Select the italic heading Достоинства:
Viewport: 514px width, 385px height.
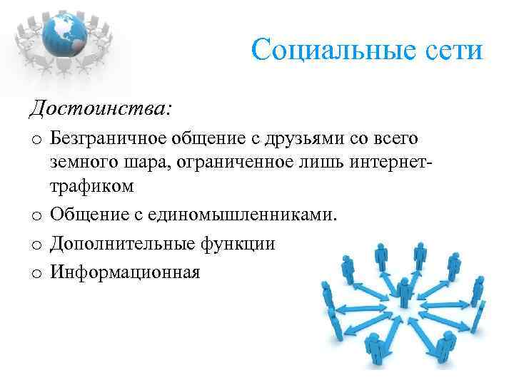coord(101,109)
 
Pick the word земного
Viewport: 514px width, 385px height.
coord(81,162)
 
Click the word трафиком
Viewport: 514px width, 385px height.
coord(92,187)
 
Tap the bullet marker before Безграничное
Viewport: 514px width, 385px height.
coord(36,138)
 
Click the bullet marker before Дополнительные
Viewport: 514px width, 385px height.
coord(36,245)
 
